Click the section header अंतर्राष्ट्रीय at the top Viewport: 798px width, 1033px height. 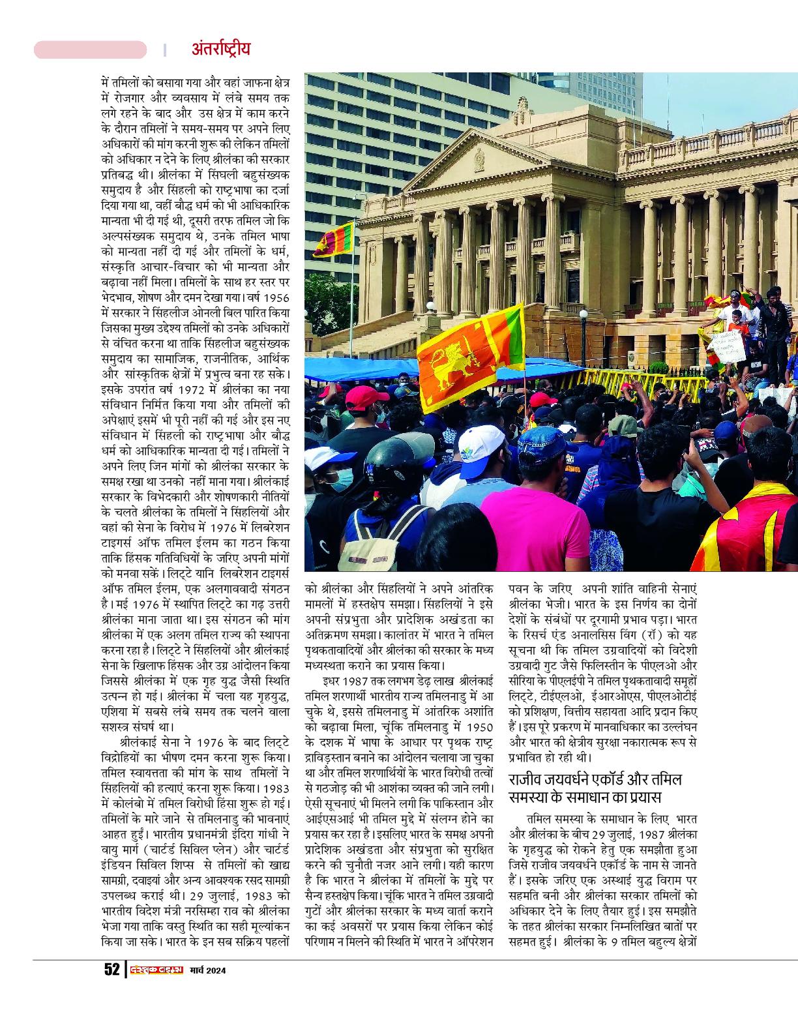pos(221,50)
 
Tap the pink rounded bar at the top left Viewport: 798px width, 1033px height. pos(90,50)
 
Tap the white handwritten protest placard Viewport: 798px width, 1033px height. pos(730,348)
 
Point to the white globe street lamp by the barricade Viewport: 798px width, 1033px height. pos(583,316)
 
